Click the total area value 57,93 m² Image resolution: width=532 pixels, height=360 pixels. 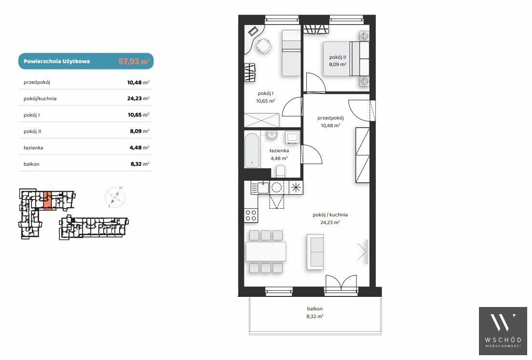(x=134, y=61)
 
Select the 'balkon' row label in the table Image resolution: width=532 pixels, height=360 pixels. (x=31, y=164)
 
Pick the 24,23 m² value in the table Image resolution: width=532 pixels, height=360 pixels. (x=138, y=99)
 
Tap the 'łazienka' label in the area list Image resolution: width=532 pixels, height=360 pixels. (x=33, y=148)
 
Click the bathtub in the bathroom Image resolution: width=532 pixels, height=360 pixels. (x=252, y=150)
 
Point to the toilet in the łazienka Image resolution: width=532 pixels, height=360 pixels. (x=281, y=171)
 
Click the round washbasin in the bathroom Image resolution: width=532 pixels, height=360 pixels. (x=272, y=134)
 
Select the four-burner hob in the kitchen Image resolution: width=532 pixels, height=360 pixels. (x=251, y=215)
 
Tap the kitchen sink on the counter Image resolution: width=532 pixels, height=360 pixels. (x=263, y=187)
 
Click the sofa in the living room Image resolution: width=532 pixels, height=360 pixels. (x=315, y=252)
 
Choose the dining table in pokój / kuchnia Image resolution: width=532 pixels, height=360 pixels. (x=266, y=251)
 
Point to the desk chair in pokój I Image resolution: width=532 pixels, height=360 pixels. (x=263, y=46)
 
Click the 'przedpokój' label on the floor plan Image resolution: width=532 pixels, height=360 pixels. (x=330, y=118)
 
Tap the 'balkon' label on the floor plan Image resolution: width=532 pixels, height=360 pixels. (x=315, y=309)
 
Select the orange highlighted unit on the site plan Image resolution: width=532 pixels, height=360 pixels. (x=48, y=200)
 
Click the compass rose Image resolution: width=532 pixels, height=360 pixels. (x=115, y=197)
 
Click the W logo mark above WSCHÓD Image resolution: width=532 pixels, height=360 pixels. (x=503, y=322)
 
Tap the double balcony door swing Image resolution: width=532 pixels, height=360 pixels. (x=341, y=282)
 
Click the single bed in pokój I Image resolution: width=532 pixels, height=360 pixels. (x=291, y=53)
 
